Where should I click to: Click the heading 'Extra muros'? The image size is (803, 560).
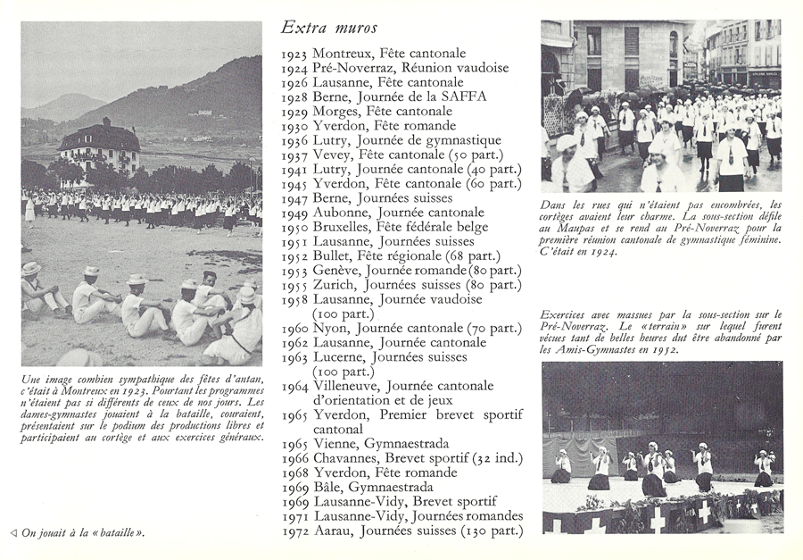328,29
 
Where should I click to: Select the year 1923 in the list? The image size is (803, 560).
295,54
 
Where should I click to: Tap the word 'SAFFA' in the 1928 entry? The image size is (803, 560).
462,97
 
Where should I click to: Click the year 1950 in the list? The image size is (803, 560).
295,227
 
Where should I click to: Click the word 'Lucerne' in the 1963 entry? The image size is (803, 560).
342,357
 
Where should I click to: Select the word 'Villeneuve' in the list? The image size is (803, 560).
350,386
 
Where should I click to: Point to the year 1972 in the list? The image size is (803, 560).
295,531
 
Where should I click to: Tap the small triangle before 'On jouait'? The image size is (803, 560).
13,533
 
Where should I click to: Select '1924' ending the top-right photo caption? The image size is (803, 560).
600,253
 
